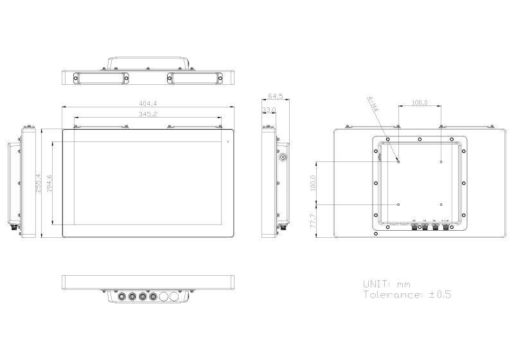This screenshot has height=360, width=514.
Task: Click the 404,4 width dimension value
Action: tap(148, 103)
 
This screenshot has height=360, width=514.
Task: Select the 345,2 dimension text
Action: tap(148, 114)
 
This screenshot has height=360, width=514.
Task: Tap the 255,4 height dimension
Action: tap(39, 183)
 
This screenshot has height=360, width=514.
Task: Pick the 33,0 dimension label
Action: tap(269, 110)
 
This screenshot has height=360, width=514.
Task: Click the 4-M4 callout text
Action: tap(373, 105)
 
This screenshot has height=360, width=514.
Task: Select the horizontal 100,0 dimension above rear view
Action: tap(420, 102)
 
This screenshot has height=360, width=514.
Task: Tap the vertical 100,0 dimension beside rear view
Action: tap(314, 183)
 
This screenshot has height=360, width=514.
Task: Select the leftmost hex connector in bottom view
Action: tap(120, 297)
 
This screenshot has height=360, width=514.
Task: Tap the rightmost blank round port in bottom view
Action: tap(175, 297)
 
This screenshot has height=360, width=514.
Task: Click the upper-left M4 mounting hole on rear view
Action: tap(398, 161)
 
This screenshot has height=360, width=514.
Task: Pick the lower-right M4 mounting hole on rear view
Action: tap(441, 204)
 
